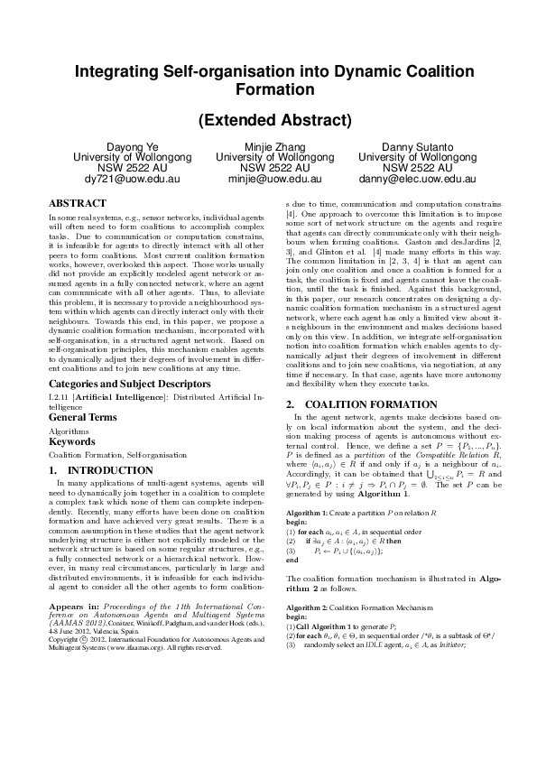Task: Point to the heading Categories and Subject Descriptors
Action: point(118,383)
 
